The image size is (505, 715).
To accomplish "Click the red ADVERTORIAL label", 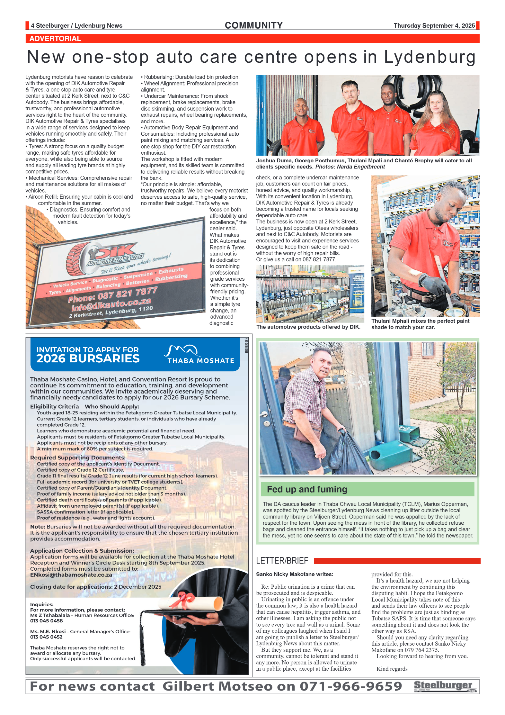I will [55, 39].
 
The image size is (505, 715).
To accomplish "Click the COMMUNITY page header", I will [253, 25].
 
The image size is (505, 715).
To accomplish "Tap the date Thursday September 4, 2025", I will [434, 26].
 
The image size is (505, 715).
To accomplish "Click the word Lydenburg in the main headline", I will [430, 57].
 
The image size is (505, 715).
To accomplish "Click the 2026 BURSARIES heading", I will [88, 358].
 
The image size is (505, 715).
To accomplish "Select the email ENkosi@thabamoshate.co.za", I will [71, 575].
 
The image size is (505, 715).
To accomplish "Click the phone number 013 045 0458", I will [46, 620].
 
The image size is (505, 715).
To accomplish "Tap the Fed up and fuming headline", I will [307, 489].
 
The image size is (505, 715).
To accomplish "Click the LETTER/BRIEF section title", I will [282, 561].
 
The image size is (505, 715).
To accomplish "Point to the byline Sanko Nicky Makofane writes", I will [295, 574].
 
